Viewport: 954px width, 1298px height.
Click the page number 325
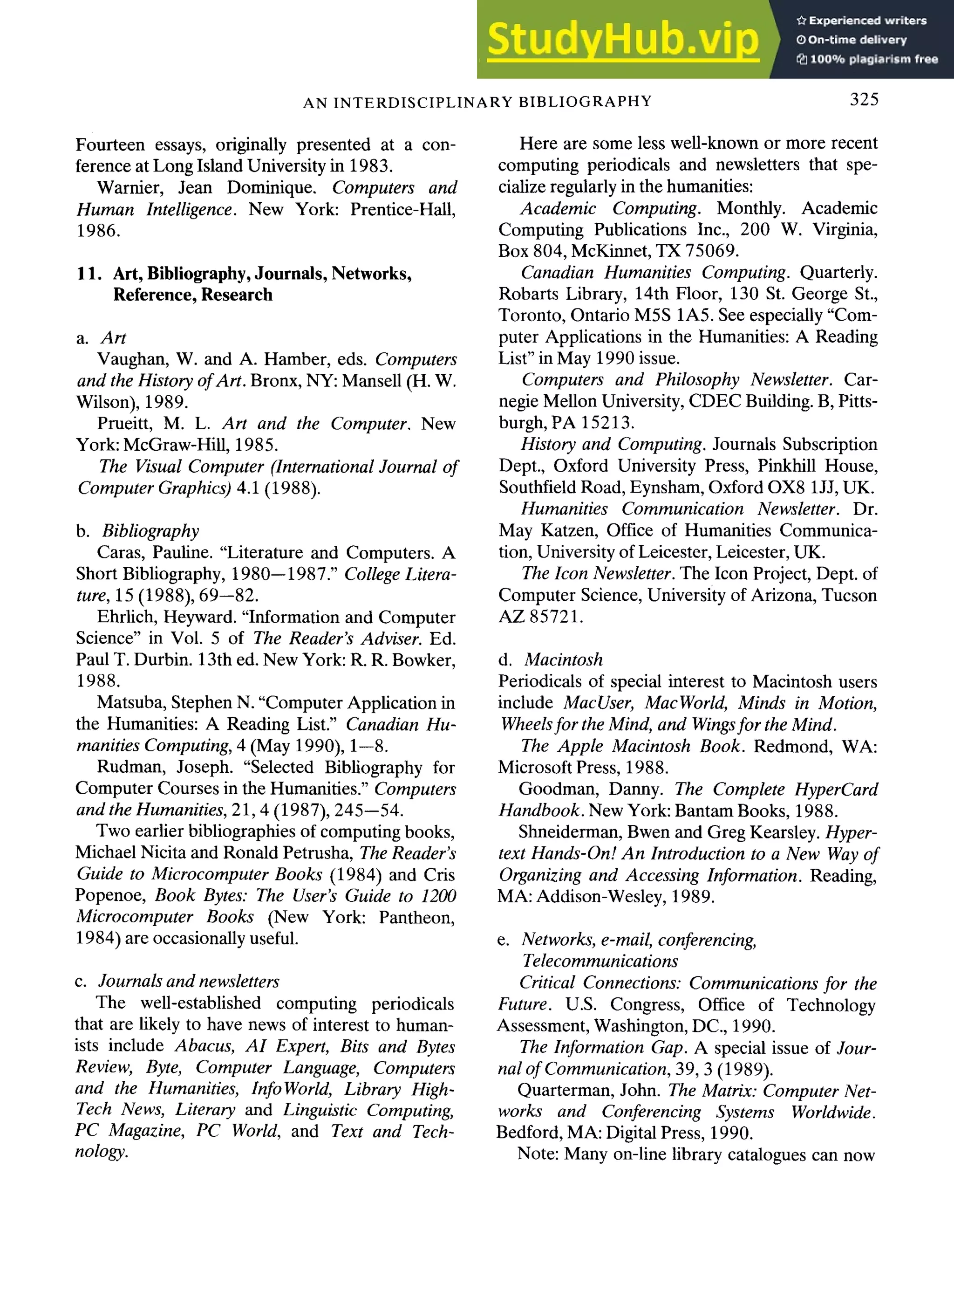[x=864, y=99]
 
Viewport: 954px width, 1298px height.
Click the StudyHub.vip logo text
[x=622, y=39]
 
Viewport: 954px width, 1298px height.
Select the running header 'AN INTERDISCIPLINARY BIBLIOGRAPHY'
[x=477, y=102]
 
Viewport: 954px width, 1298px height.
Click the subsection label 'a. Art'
[x=101, y=337]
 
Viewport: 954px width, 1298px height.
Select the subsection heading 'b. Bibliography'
[x=137, y=530]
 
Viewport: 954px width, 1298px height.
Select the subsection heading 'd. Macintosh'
[x=550, y=659]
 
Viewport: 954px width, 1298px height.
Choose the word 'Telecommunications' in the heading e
[x=600, y=961]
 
